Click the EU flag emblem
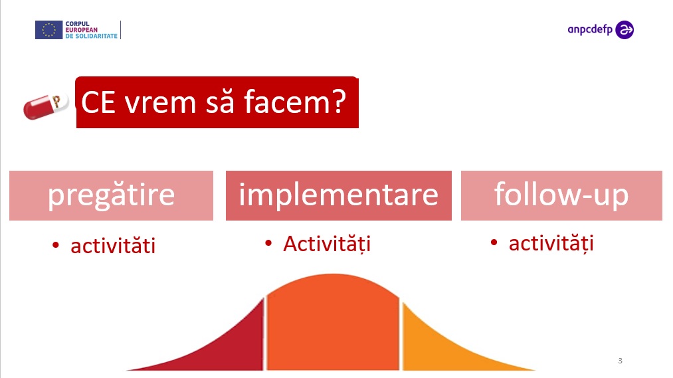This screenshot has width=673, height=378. [49, 30]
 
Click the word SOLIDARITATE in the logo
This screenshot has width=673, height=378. [96, 36]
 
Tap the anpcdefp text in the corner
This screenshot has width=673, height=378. [590, 30]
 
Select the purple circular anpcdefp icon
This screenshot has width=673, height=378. [625, 30]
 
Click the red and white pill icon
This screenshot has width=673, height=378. [46, 106]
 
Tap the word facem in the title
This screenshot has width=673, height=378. [282, 102]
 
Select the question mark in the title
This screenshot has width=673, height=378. [337, 102]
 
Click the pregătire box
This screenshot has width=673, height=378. [111, 196]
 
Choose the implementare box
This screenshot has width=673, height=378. [339, 196]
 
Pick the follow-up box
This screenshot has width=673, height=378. [561, 196]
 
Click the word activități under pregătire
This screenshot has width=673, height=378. [113, 246]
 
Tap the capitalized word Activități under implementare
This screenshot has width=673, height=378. [327, 244]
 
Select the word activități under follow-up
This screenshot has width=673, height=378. [551, 244]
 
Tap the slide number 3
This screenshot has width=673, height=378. [620, 361]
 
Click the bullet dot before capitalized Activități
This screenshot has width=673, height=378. [268, 243]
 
